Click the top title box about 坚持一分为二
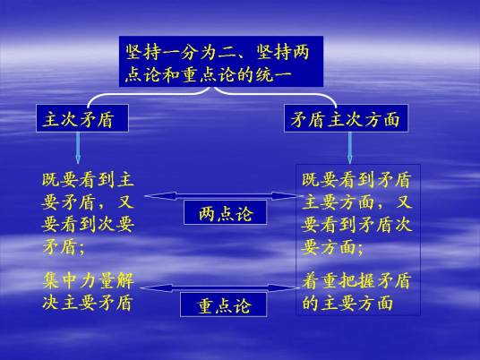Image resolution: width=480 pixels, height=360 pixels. [x=220, y=62]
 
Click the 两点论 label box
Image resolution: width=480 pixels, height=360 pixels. [x=226, y=213]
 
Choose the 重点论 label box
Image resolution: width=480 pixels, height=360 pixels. [x=226, y=306]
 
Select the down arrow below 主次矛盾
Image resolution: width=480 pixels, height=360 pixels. [x=79, y=148]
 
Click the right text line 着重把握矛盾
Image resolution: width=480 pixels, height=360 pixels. [x=356, y=281]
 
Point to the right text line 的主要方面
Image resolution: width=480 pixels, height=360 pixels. [x=347, y=303]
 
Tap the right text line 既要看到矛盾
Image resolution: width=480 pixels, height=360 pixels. [x=356, y=180]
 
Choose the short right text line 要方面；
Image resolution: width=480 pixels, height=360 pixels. [x=333, y=246]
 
